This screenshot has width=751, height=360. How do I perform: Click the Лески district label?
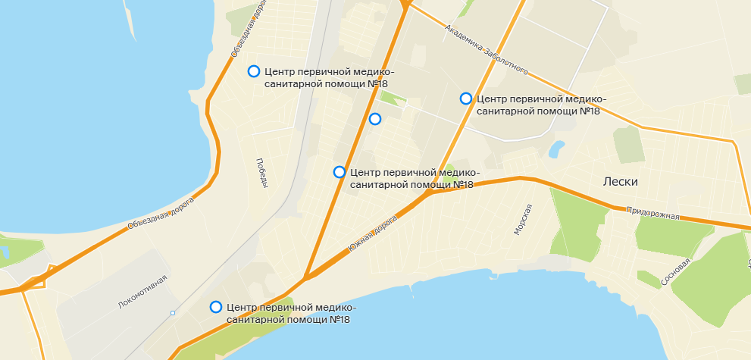[621, 182]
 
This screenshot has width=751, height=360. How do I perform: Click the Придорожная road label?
[653, 214]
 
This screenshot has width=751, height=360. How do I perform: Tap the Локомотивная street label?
[142, 293]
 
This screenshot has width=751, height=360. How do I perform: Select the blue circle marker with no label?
[374, 119]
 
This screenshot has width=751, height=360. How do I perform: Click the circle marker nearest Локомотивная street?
[216, 307]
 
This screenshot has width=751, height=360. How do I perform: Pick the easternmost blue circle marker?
[466, 99]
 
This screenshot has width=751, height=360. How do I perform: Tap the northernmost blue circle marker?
[254, 71]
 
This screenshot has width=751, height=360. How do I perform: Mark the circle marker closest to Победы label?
[339, 172]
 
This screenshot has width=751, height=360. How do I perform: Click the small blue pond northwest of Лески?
[557, 148]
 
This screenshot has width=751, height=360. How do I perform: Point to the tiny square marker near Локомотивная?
[173, 313]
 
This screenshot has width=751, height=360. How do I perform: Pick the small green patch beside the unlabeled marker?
[393, 98]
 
